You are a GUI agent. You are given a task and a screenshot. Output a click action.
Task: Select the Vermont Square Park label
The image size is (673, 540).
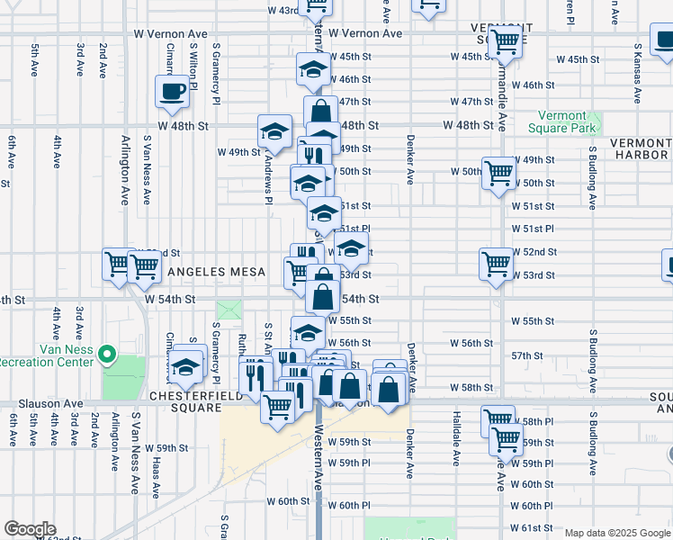click(x=569, y=122)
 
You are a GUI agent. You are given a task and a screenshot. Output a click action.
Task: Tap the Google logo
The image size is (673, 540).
click(x=30, y=529)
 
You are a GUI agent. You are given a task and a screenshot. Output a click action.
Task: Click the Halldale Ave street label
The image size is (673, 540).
click(x=457, y=440)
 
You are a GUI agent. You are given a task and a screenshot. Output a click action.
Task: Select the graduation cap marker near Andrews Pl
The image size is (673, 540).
click(x=274, y=131)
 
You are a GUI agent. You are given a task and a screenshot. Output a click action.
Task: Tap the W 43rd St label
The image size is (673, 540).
click(x=284, y=10)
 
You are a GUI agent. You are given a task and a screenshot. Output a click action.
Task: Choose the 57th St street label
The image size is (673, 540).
click(x=526, y=356)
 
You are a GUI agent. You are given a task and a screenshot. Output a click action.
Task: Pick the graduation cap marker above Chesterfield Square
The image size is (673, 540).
click(x=186, y=367)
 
